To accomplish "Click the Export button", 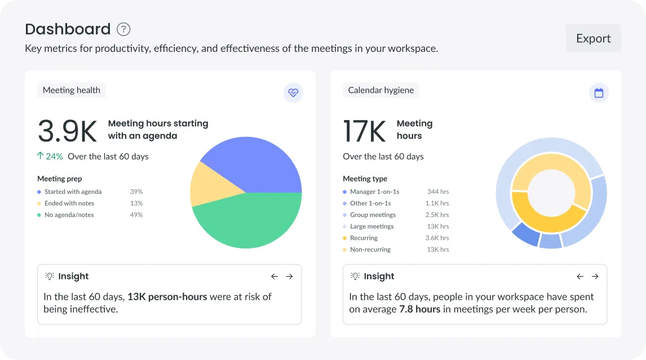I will coord(593,38).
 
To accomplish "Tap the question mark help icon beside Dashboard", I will coord(123,29).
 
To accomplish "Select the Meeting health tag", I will coord(72,90).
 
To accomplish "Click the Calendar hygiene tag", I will coord(380,90).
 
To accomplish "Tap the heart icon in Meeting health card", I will coord(293,92).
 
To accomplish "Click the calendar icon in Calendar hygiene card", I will coord(599,92).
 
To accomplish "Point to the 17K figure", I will coord(364,131).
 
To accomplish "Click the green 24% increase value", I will coord(54,157).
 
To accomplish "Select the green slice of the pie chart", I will coord(248,223).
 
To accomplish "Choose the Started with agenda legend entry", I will coord(73,192).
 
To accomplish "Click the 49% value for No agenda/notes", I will coord(136,215).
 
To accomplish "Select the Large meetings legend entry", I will coord(371,226).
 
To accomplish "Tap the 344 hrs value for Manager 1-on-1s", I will coord(438,192).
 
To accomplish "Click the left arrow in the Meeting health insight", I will coord(275,277).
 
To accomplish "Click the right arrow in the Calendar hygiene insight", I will coord(595,277).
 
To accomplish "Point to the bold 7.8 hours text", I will coord(419,309).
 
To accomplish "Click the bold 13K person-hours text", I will coord(167,297).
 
